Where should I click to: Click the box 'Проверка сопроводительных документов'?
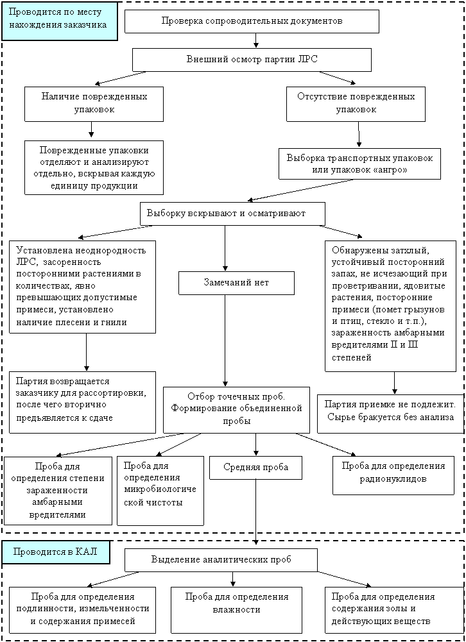click(x=252, y=21)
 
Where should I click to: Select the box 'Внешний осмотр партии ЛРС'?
click(x=252, y=60)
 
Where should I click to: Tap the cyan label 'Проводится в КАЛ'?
click(x=56, y=552)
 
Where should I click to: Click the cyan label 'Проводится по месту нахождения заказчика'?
click(x=60, y=21)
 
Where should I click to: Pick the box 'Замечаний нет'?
click(x=236, y=282)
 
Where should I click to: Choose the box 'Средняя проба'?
click(x=255, y=468)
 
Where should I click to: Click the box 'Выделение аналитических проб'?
click(x=221, y=560)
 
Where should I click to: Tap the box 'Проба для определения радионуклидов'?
click(x=393, y=475)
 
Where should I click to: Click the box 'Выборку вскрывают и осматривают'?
click(x=232, y=214)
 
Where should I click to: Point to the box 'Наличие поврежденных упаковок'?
click(x=94, y=104)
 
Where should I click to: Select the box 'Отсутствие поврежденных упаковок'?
click(x=356, y=104)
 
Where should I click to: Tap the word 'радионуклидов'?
click(x=393, y=479)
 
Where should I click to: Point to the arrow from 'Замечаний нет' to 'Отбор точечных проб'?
click(x=225, y=341)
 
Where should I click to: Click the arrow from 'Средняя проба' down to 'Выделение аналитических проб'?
click(x=255, y=512)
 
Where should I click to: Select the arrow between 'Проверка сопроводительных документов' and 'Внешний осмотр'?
click(x=255, y=40)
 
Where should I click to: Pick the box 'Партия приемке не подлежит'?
click(x=390, y=414)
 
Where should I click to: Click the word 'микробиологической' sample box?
click(x=160, y=495)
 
